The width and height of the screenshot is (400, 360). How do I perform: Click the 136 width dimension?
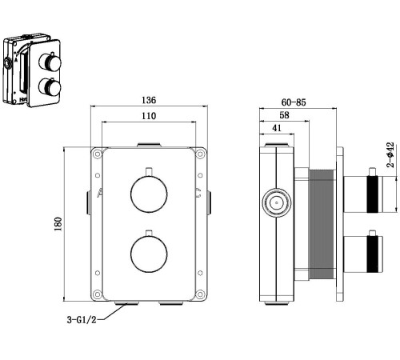tap(149, 100)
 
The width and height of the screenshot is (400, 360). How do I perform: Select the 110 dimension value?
tap(149, 116)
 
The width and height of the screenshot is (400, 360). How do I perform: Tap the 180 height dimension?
tap(58, 224)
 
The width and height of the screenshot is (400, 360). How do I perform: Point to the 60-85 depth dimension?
tap(294, 102)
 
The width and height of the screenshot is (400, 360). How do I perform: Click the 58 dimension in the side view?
tap(284, 115)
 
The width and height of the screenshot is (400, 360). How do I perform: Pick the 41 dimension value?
tap(277, 128)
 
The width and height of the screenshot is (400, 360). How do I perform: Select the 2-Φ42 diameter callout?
tap(390, 155)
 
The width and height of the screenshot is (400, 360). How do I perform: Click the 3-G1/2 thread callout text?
tap(82, 319)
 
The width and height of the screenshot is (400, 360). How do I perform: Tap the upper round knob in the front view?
tap(149, 194)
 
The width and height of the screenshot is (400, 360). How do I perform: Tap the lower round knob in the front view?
tap(149, 254)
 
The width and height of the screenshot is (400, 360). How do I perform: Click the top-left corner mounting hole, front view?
tap(98, 154)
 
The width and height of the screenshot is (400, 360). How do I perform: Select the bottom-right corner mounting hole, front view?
tap(200, 294)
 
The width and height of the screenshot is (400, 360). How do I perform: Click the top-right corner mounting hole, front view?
tap(200, 154)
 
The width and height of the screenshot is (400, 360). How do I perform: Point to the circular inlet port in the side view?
tap(277, 202)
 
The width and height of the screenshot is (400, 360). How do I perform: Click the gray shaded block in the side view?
tap(322, 225)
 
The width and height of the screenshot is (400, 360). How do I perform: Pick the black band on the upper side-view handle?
tap(373, 194)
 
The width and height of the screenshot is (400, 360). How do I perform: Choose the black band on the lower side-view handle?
tap(373, 254)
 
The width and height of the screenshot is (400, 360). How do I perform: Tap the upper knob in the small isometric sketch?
tap(50, 62)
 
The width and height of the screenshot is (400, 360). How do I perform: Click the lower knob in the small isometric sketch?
tap(50, 87)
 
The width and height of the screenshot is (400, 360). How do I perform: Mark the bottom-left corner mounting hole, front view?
tap(98, 294)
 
